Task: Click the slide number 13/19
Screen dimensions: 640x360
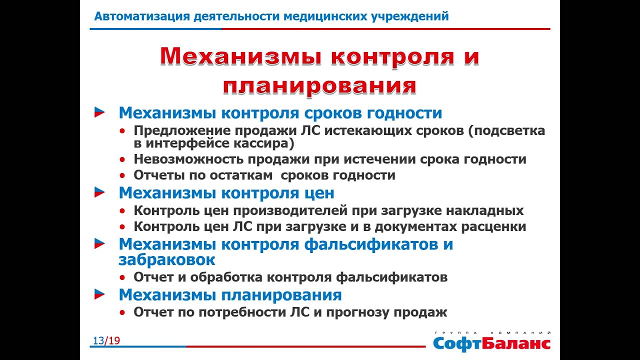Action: tap(106, 340)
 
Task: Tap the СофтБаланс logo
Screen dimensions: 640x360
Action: tap(491, 342)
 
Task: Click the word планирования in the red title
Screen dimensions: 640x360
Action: tap(319, 85)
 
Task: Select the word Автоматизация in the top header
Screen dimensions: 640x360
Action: tap(142, 16)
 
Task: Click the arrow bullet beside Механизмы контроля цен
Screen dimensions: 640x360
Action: tap(99, 192)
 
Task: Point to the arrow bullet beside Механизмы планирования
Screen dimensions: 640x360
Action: tap(99, 294)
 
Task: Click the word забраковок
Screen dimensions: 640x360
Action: tap(167, 260)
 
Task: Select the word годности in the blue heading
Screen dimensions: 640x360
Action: tap(404, 113)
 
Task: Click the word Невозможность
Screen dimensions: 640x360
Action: tap(188, 159)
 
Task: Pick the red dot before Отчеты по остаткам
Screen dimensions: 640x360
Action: tap(122, 175)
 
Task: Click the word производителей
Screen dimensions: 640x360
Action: tap(290, 211)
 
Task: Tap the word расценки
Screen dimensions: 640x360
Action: tap(493, 227)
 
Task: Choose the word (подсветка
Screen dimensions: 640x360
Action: tap(506, 131)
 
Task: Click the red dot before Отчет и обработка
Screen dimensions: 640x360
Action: tap(122, 277)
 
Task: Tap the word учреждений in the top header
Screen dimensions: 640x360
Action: tap(410, 17)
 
